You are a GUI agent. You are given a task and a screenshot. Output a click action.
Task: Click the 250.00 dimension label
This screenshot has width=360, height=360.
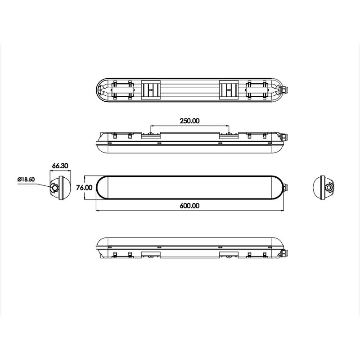tap(189, 121)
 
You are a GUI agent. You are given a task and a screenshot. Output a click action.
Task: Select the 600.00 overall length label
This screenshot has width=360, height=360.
tap(189, 206)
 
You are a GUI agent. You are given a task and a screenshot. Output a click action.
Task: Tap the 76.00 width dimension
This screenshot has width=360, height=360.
tap(84, 188)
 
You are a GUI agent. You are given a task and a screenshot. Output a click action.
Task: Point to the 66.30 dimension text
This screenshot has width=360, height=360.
tap(60, 166)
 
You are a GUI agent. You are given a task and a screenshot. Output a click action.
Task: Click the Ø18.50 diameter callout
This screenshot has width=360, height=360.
tap(26, 179)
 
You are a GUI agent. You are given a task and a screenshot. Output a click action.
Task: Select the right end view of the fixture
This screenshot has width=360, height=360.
tap(324, 188)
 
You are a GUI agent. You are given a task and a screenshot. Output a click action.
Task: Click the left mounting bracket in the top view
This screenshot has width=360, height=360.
tap(151, 90)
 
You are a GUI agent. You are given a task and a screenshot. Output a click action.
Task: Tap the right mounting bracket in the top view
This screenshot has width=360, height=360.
tap(229, 90)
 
